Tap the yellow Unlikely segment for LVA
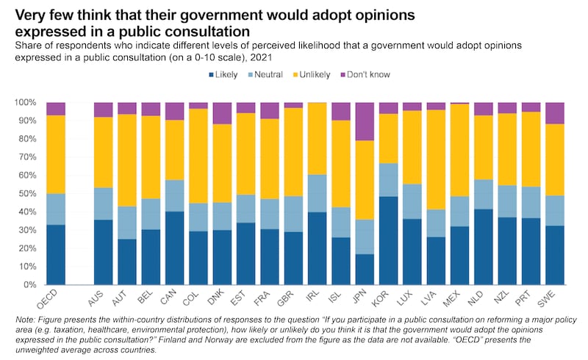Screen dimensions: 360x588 coord(436,159)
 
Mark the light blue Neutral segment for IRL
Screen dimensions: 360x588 coord(317,193)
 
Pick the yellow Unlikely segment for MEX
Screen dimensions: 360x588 coord(459,150)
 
